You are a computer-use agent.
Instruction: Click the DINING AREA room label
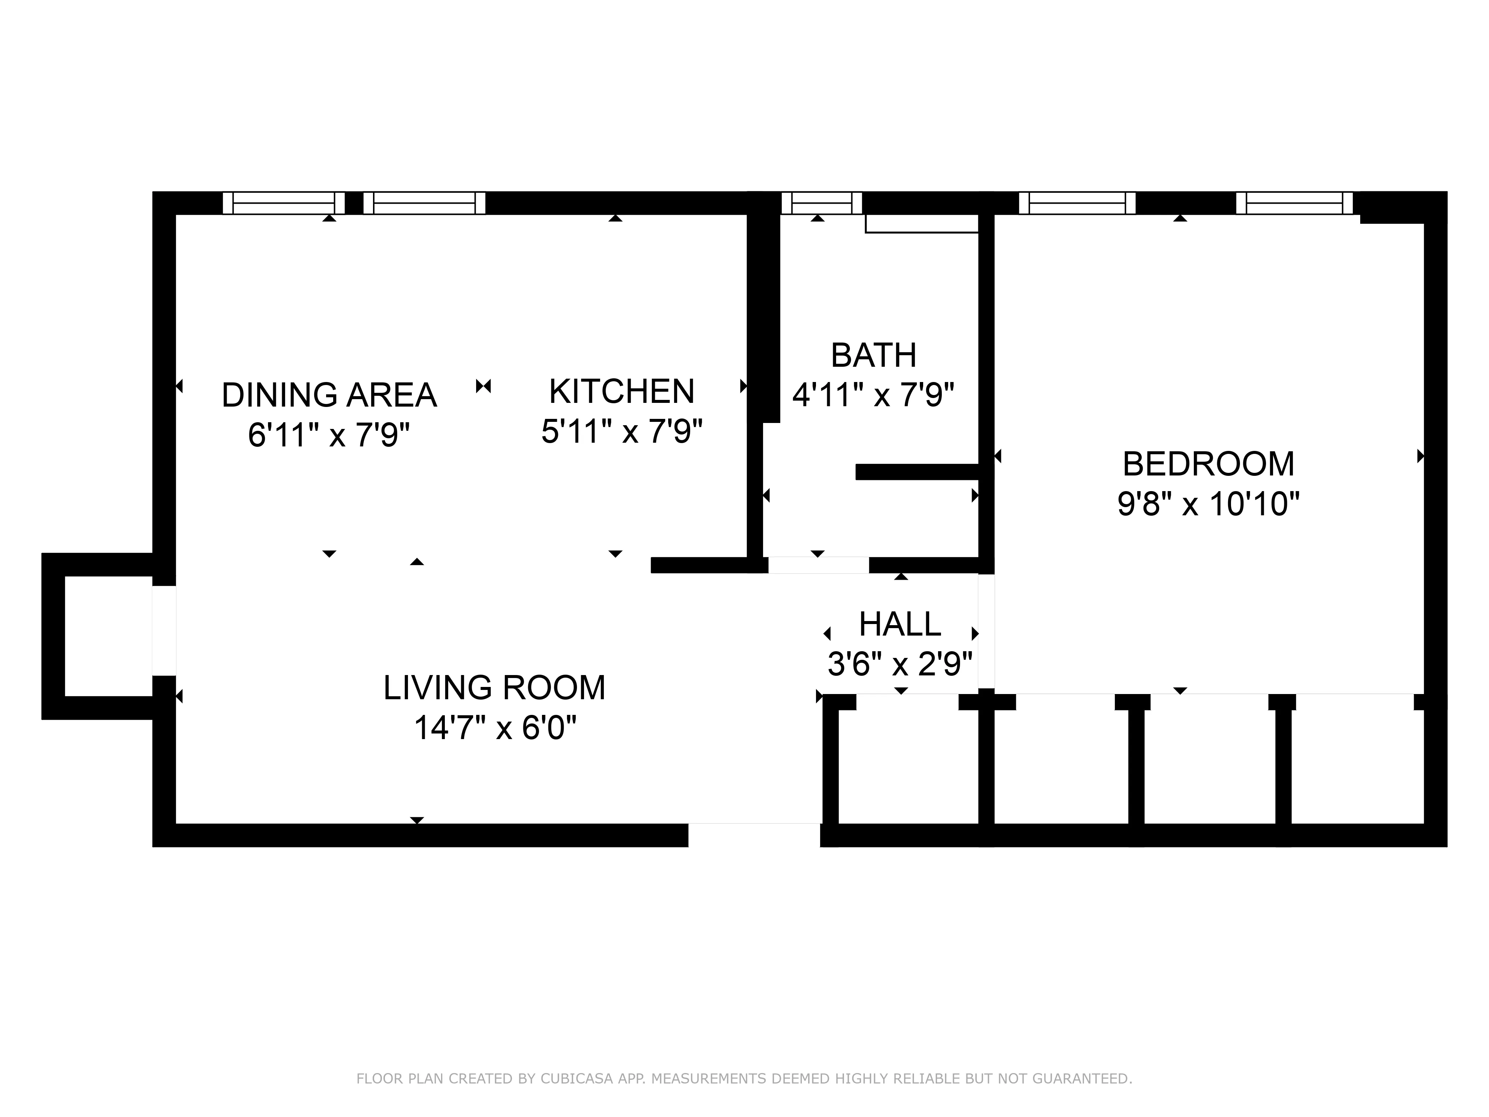tap(329, 395)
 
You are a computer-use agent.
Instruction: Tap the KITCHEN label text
tap(621, 391)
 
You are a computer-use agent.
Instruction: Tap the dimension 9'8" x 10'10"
tap(1208, 504)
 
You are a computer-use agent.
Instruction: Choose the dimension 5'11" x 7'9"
tap(621, 431)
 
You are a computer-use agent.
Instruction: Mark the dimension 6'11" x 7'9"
tap(329, 435)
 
